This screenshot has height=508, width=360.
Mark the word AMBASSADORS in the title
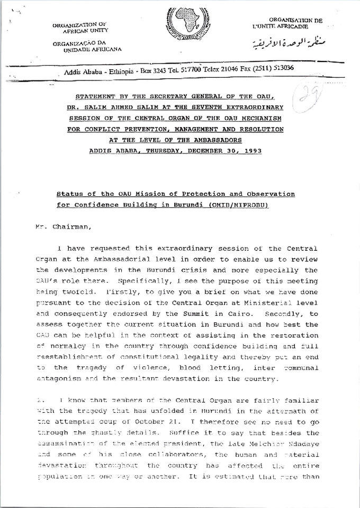click(x=217, y=140)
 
